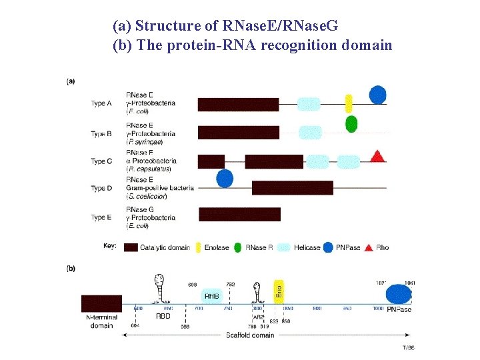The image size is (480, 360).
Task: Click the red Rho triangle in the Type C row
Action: click(377, 157)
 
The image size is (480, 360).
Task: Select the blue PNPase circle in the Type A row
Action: click(377, 95)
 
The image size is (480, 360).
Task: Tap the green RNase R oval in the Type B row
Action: click(351, 124)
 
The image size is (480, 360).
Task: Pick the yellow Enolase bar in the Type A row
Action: click(348, 104)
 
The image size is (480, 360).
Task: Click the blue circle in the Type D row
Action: click(225, 178)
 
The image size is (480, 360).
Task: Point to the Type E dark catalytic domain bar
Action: click(239, 214)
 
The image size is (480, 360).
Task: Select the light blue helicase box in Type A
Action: click(308, 104)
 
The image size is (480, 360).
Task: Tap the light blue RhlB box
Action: click(212, 295)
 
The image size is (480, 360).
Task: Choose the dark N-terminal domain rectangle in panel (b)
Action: click(101, 303)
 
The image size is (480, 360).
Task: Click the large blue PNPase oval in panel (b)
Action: click(399, 294)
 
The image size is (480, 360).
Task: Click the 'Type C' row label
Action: click(101, 161)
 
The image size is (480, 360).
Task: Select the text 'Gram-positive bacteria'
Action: click(159, 188)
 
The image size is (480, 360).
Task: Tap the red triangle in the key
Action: click(368, 247)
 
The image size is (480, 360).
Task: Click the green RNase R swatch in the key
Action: click(238, 247)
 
